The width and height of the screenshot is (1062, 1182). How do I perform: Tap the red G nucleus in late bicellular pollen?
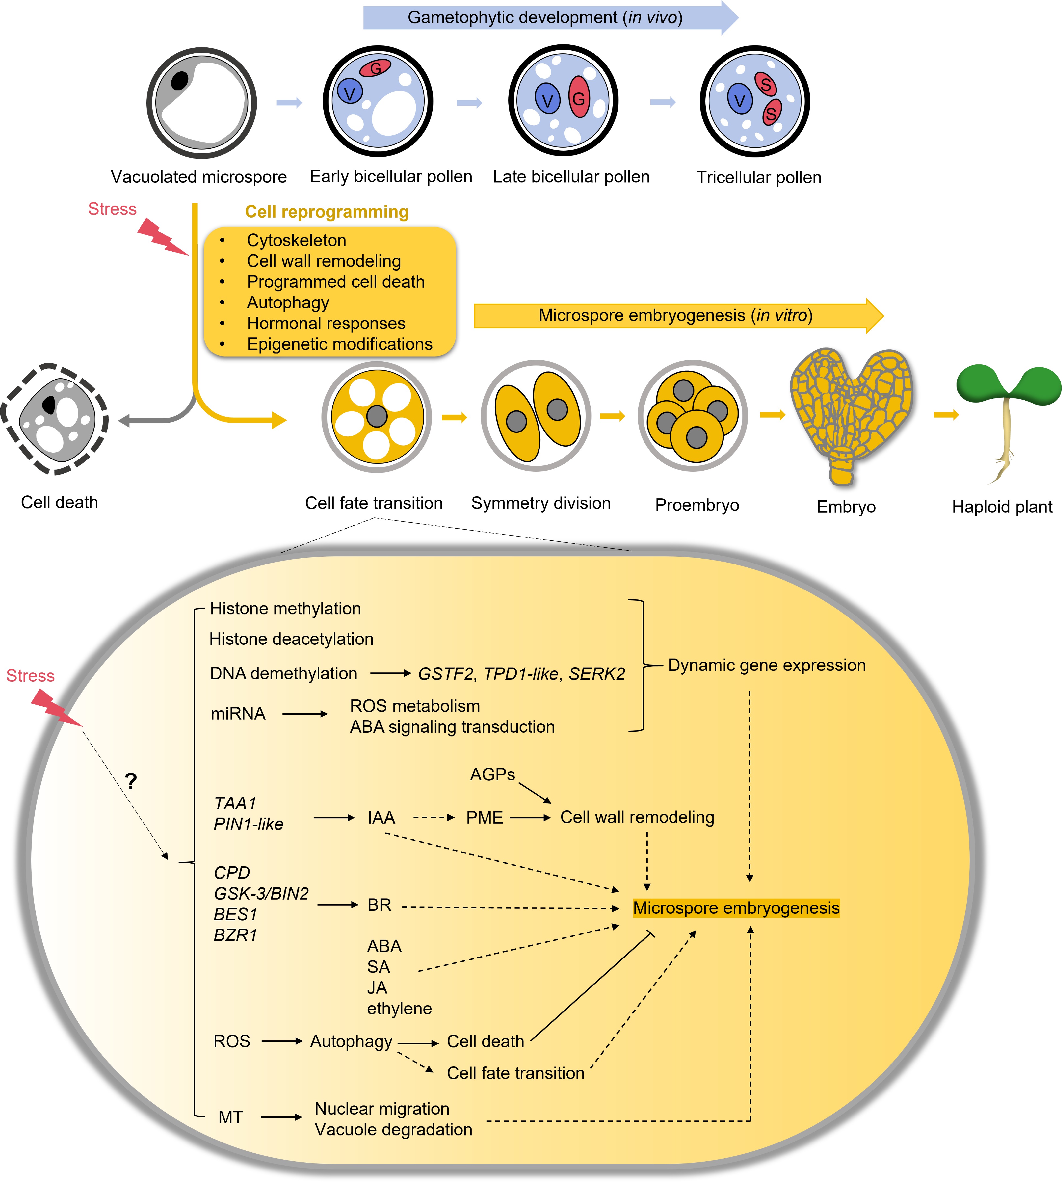click(579, 98)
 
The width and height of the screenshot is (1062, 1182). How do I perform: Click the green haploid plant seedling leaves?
click(1008, 384)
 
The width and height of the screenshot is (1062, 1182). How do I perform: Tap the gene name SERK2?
click(596, 674)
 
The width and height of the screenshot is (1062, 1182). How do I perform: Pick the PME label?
click(484, 817)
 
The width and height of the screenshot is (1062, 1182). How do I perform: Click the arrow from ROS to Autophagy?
click(282, 1041)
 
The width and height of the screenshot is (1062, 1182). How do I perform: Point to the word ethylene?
click(399, 1008)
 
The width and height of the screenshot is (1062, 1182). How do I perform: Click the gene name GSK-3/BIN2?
click(261, 893)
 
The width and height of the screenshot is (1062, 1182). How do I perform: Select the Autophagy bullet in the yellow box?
click(288, 302)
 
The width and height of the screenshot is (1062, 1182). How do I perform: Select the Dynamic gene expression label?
click(766, 665)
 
